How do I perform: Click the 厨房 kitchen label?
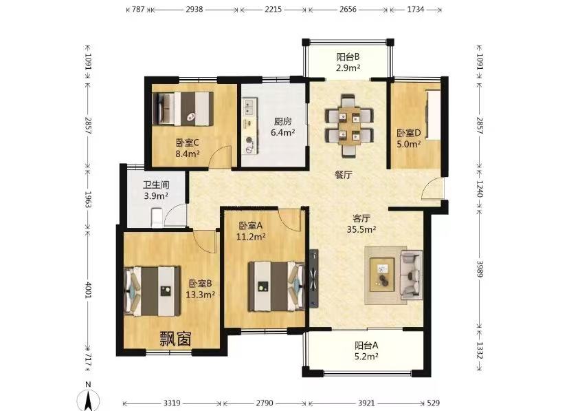[282, 121]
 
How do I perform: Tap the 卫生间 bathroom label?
[156, 185]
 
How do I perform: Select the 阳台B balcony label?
[348, 57]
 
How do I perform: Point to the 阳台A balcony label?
[366, 345]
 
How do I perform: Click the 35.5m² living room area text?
[361, 229]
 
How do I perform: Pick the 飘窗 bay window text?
[176, 339]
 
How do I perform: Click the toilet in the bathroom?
[157, 217]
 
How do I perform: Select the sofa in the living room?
[411, 273]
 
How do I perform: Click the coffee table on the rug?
[382, 275]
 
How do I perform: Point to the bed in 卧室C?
[183, 109]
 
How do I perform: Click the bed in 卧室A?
[276, 286]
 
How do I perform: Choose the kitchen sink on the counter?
[249, 107]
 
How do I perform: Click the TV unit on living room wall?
[314, 278]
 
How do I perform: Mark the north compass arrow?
[88, 399]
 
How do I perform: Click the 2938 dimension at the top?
[194, 10]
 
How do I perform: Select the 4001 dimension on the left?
[88, 290]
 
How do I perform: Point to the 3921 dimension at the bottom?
[366, 403]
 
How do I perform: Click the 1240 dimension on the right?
[480, 189]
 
